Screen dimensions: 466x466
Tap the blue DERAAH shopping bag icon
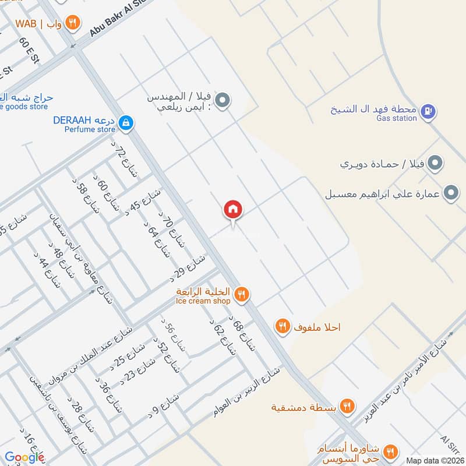pos(125,122)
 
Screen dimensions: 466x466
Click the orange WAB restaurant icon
pos(73,23)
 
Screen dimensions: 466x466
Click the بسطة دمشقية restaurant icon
pos(347,406)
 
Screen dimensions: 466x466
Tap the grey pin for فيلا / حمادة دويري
pos(434,164)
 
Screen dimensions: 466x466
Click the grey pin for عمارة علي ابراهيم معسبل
pos(450,193)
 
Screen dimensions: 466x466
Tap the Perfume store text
pos(90,129)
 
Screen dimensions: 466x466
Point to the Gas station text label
pos(397,118)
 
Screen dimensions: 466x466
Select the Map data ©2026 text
pos(434,461)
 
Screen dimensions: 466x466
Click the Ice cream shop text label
pos(203,301)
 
